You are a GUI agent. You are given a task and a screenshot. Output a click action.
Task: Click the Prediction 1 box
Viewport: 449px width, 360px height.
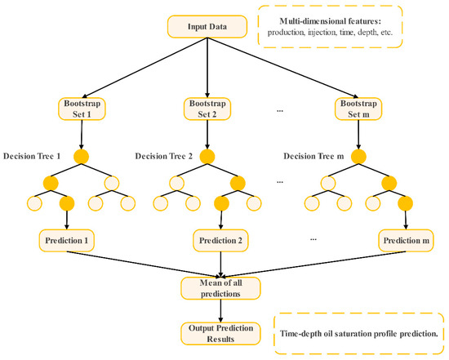point(67,241)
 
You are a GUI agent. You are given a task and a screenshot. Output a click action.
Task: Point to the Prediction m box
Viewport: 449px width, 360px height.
point(406,241)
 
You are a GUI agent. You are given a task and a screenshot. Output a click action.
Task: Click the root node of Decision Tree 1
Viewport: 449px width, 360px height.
point(80,156)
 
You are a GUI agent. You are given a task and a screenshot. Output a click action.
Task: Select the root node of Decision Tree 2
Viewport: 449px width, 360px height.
point(207,156)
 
